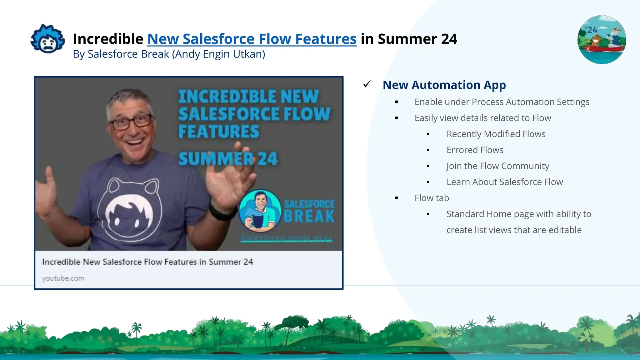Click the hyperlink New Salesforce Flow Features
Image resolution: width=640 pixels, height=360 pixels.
252,39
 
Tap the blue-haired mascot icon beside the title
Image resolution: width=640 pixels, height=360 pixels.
48,39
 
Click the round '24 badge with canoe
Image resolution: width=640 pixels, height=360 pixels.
602,40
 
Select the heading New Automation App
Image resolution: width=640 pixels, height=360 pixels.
444,85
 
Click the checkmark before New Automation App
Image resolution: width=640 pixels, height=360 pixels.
367,84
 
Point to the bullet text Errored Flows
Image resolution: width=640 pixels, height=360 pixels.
475,150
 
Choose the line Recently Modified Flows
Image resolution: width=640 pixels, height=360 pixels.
496,134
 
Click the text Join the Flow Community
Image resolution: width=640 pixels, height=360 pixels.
497,166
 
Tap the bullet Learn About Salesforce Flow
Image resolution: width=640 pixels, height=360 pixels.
504,182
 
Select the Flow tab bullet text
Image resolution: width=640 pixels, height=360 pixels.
432,198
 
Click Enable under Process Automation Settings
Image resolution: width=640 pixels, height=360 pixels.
502,102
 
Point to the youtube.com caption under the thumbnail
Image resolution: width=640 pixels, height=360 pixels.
63,278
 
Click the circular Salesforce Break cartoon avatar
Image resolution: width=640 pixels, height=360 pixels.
260,211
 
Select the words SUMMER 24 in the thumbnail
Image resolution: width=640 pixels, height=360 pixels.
228,159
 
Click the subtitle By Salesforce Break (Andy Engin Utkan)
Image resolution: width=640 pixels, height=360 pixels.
169,54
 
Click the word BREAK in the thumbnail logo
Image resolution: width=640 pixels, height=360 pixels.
309,217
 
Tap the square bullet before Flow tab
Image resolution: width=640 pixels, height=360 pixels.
397,198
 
